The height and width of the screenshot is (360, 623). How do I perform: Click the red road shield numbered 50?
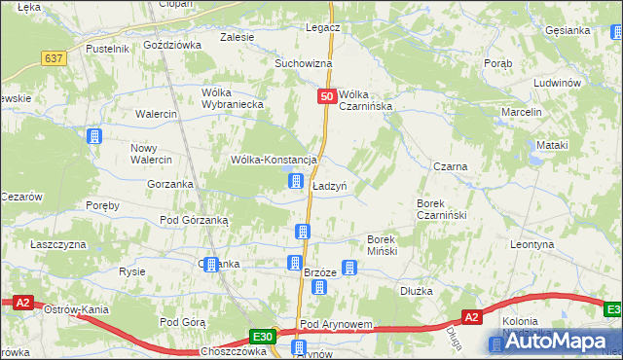[327, 97]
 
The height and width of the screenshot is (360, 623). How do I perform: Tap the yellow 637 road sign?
[55, 58]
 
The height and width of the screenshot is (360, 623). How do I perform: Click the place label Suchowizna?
[303, 63]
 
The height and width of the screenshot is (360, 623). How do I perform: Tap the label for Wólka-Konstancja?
[274, 160]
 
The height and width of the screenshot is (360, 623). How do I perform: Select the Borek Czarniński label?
[443, 209]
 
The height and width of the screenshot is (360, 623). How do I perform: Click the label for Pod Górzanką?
[194, 220]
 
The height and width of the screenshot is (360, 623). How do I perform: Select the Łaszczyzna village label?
[58, 244]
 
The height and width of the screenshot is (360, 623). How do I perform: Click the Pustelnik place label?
[107, 48]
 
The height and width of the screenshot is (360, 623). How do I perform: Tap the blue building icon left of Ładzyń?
[295, 181]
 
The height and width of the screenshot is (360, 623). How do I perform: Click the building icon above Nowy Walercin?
[93, 137]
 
